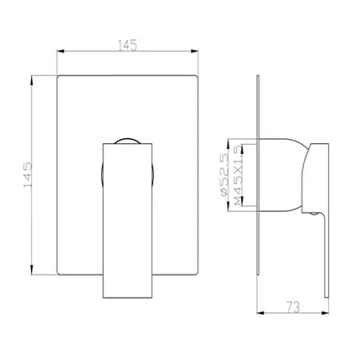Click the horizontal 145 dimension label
(127, 45)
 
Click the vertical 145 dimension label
(28, 175)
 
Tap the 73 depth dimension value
(293, 307)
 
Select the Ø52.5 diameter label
(224, 175)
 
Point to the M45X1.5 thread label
(238, 176)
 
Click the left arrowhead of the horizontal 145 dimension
(60, 51)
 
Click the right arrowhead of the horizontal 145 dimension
(194, 51)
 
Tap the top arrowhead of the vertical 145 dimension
(32, 80)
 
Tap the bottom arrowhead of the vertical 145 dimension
(32, 270)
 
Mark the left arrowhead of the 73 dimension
(260, 313)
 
